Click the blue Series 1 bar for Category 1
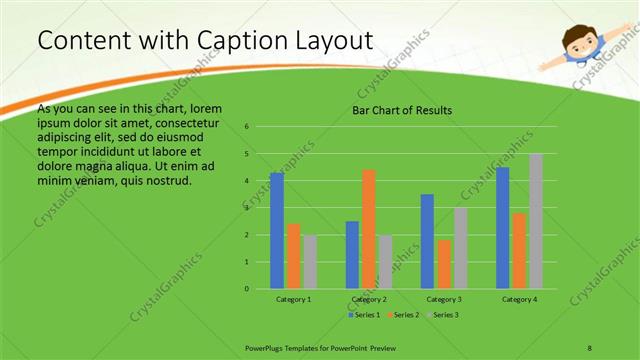277,231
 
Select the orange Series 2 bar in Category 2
369,229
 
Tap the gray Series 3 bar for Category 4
536,221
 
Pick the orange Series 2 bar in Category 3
444,264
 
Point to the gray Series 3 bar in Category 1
309,262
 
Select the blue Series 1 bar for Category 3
427,241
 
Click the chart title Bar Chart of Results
402,110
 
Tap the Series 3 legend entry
442,315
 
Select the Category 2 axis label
369,299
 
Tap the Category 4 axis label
519,299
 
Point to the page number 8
589,347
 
